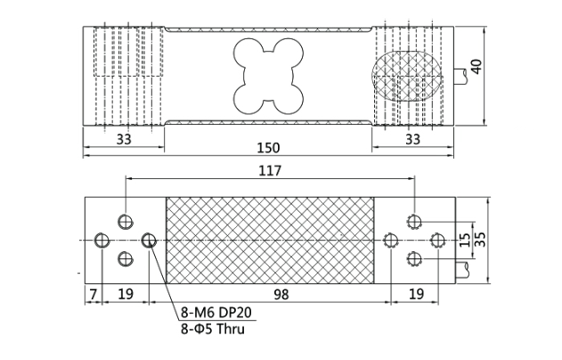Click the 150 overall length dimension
point(268,148)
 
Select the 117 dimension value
point(270,171)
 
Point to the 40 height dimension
point(476,67)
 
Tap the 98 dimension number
point(281,295)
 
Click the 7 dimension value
point(94,295)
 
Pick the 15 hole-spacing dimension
point(465,240)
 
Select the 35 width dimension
point(480,240)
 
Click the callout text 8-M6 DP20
point(216,313)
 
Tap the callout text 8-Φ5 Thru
point(213,329)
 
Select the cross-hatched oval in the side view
point(406,76)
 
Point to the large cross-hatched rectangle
point(270,241)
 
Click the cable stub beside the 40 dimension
point(461,76)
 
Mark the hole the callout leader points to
point(149,241)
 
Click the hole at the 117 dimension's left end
point(126,221)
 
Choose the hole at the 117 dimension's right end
point(414,221)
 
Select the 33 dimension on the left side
point(124,139)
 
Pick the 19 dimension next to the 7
point(126,295)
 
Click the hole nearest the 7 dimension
point(102,241)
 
